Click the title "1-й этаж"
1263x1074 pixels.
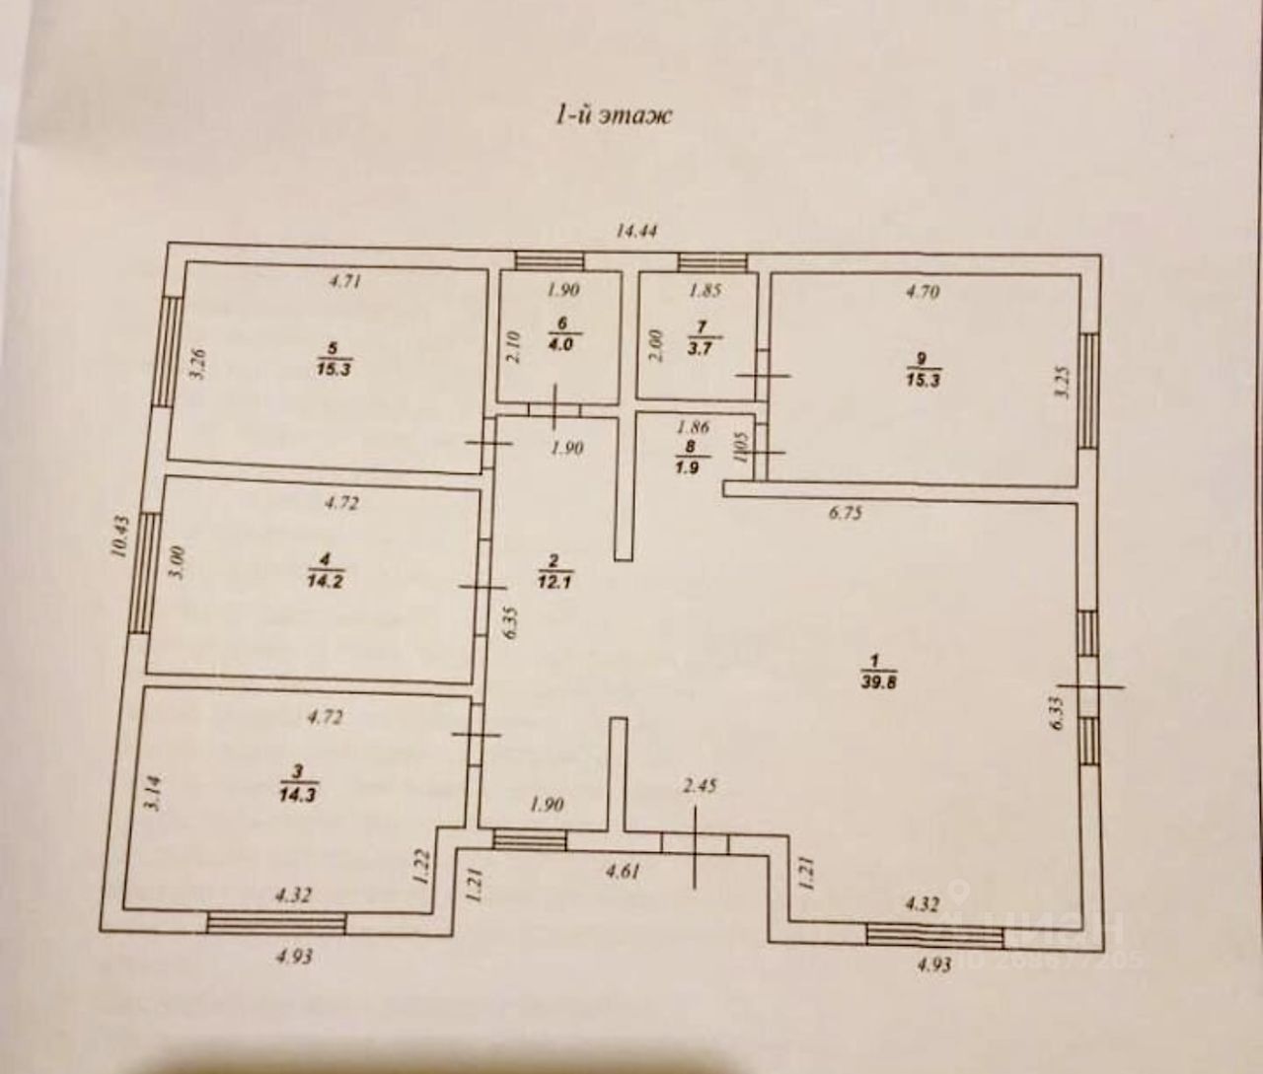coord(612,114)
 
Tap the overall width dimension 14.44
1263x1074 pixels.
coord(636,232)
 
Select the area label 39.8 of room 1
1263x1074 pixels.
coord(877,681)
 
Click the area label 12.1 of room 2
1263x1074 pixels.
coord(555,582)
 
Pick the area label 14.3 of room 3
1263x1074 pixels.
coord(297,794)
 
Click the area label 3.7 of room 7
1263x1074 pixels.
coord(701,347)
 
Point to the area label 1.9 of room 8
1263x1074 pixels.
coord(687,466)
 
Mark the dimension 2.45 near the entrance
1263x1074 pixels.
coord(700,786)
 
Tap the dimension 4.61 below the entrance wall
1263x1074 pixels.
coord(623,871)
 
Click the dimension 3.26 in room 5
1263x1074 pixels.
coord(197,367)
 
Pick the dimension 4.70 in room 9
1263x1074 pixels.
coord(922,291)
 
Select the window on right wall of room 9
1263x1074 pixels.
coord(1089,390)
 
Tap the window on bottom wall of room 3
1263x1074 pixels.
coord(276,923)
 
